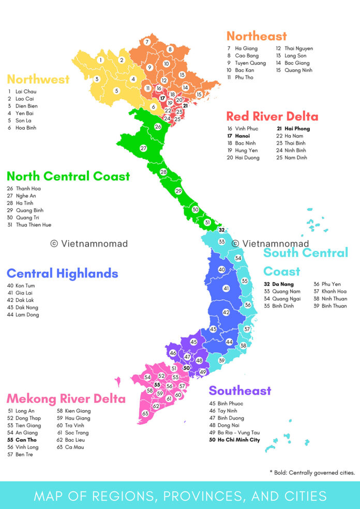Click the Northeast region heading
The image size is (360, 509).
[257, 36]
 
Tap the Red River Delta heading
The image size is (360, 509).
[272, 116]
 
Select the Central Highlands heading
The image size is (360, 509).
[62, 273]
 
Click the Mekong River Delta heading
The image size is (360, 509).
[66, 398]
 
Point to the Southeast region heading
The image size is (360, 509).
[239, 391]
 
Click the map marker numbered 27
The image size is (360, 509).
[143, 148]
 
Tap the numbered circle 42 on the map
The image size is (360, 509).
[226, 313]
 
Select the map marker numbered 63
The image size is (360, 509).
[145, 413]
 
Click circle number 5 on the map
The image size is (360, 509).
[116, 91]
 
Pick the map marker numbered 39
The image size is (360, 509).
[221, 360]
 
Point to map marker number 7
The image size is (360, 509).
[147, 42]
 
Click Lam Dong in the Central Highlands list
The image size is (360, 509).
[27, 315]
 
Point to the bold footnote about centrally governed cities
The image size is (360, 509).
[312, 472]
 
